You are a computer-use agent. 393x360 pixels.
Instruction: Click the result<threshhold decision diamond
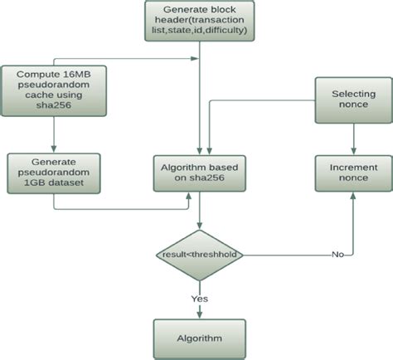199,255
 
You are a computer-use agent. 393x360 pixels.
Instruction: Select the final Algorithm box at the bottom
199,338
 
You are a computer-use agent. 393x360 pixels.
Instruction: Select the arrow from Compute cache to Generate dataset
53,134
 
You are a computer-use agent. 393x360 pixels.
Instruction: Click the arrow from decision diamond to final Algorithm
199,303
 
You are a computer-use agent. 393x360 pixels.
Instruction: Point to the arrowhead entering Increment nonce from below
354,197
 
